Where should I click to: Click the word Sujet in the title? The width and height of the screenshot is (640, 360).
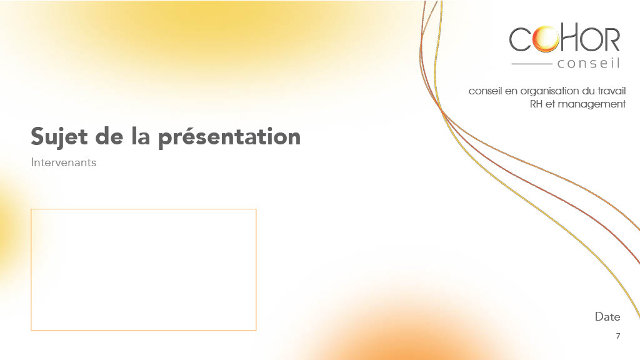tap(59, 137)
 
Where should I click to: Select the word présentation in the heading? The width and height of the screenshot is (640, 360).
tap(229, 137)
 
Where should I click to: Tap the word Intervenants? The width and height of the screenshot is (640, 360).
tap(64, 162)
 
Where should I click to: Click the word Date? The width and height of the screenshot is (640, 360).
tap(607, 317)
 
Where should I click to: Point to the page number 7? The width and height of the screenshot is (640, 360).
tap(618, 336)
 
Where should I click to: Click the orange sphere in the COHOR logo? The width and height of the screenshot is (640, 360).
tap(546, 39)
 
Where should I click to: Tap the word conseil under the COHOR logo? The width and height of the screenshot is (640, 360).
tap(589, 63)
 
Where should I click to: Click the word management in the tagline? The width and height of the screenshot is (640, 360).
tap(591, 104)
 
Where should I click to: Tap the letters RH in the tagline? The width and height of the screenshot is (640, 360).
tap(536, 104)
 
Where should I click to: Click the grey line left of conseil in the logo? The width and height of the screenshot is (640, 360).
tap(532, 64)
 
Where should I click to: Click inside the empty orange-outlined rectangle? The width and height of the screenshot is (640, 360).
tap(144, 270)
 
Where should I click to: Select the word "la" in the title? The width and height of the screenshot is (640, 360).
tap(141, 136)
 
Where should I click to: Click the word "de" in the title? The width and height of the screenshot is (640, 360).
tap(109, 136)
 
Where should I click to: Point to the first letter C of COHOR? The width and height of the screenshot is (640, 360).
tap(520, 39)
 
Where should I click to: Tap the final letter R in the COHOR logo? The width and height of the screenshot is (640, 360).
tap(611, 39)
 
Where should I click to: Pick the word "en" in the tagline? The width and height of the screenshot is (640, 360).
tap(511, 91)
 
